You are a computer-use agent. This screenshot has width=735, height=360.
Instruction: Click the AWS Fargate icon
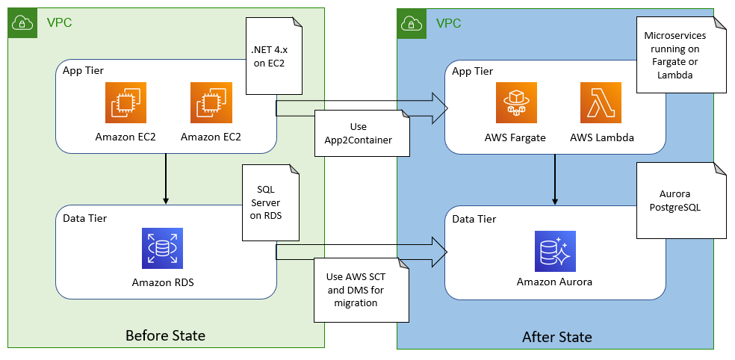517,102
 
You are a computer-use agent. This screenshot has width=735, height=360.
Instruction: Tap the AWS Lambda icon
601,102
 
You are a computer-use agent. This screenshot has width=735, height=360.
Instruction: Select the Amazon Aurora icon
555,249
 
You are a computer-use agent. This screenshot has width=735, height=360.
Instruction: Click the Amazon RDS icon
162,248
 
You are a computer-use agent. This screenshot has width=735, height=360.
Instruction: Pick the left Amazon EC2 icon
126,102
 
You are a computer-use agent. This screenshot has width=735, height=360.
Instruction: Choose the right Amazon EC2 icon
211,102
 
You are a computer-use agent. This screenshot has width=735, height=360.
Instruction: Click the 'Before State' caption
165,335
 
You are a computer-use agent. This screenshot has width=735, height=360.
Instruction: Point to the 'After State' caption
556,337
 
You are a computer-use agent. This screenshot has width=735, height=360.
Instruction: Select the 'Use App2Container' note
362,133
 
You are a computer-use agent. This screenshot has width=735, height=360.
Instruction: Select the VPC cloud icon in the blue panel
410,22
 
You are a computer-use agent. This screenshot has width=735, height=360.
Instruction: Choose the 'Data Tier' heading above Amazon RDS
86,218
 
